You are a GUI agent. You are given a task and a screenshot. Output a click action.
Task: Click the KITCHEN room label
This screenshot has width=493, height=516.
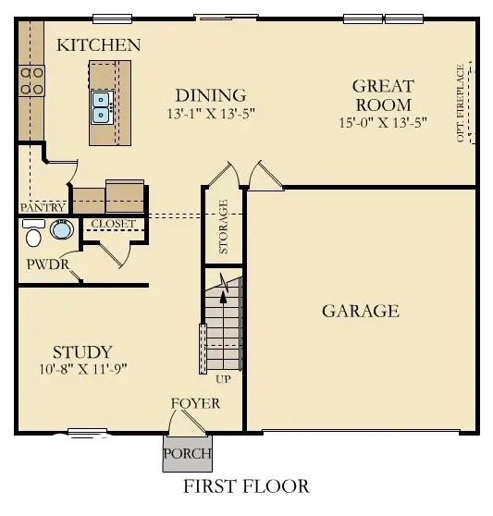(x=99, y=44)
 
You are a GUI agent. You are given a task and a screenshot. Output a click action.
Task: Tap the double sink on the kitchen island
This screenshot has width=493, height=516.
(x=103, y=106)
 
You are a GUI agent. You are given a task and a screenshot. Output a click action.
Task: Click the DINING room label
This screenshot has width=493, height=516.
(x=211, y=95)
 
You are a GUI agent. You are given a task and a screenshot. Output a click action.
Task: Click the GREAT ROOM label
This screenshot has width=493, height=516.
(x=383, y=95)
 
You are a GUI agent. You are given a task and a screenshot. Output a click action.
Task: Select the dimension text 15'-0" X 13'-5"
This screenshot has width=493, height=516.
(x=383, y=122)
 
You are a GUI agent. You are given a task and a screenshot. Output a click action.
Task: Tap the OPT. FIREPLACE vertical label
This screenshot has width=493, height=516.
(x=460, y=104)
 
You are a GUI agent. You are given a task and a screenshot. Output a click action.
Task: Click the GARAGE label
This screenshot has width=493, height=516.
(x=360, y=311)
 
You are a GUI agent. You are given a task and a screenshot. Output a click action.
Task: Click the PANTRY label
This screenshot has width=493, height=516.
(x=43, y=208)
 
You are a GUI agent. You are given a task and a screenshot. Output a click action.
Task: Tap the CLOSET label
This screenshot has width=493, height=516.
(x=113, y=224)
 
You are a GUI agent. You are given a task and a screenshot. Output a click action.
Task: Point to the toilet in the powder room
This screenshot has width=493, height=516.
(x=33, y=237)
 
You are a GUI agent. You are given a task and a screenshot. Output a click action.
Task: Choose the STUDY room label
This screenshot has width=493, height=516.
(x=82, y=351)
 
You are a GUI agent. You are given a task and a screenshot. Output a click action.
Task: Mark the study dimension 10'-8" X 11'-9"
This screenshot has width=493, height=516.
(x=82, y=368)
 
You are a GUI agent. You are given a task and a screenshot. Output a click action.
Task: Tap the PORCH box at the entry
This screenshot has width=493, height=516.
(x=187, y=454)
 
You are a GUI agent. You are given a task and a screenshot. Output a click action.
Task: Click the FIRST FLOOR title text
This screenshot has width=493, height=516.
(x=245, y=485)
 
